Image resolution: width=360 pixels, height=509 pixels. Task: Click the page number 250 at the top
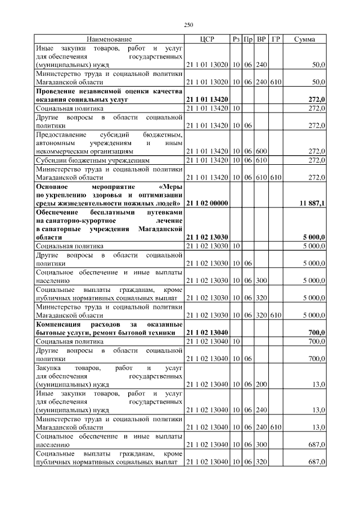click(188, 25)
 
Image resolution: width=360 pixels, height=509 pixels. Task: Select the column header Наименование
click(109, 39)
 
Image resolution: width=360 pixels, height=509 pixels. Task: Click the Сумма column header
click(304, 39)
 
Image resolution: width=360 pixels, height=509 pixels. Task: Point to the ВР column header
click(261, 39)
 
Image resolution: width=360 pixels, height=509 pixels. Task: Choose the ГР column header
click(276, 39)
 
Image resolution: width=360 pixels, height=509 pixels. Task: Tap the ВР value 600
click(261, 151)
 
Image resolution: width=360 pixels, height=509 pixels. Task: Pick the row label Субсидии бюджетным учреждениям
click(93, 160)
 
